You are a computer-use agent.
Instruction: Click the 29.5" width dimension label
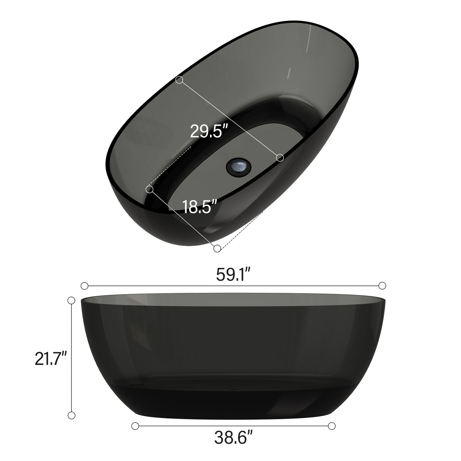(x=209, y=131)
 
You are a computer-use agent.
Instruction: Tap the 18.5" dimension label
(x=200, y=206)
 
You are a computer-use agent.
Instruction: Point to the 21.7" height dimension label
(x=50, y=358)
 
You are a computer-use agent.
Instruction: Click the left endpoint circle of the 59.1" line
(x=85, y=286)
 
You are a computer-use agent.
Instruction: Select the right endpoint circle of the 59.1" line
(x=382, y=286)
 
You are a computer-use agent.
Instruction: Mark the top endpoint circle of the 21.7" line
(x=71, y=300)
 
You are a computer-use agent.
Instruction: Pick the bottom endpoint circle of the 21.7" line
(x=71, y=415)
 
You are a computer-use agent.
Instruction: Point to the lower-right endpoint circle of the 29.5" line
(x=280, y=157)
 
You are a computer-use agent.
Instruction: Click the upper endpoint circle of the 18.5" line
(x=149, y=190)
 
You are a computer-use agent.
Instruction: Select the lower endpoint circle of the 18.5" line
(x=217, y=248)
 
